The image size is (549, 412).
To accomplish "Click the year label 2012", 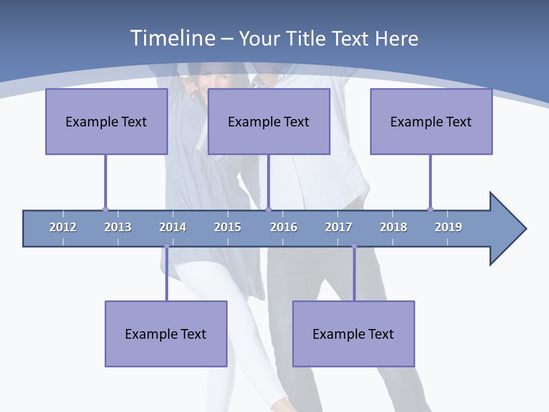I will (63, 227).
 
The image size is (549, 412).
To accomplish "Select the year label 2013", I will (118, 227).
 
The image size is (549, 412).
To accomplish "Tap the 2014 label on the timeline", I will (173, 227).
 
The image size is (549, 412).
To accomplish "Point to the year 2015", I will (228, 227).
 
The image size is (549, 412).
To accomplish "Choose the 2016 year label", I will (284, 227).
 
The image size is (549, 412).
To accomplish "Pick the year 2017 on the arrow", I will (339, 227).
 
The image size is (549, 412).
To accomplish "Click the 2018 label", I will (393, 227).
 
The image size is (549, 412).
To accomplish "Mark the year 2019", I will (448, 227).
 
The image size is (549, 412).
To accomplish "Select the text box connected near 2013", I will (106, 121).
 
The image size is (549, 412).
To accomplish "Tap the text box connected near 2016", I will (269, 121).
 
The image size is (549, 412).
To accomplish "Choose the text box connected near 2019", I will (431, 121).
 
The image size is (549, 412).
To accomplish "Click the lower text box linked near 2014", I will (166, 334).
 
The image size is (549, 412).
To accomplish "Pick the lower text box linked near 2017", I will (353, 334).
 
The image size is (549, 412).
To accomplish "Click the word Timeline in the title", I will (172, 38).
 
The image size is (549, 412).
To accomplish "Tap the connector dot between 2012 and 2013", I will (105, 209).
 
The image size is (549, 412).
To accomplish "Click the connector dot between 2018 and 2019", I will (430, 209).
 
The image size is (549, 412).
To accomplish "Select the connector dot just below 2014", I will (166, 246).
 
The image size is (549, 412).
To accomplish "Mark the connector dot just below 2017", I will (354, 246).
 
